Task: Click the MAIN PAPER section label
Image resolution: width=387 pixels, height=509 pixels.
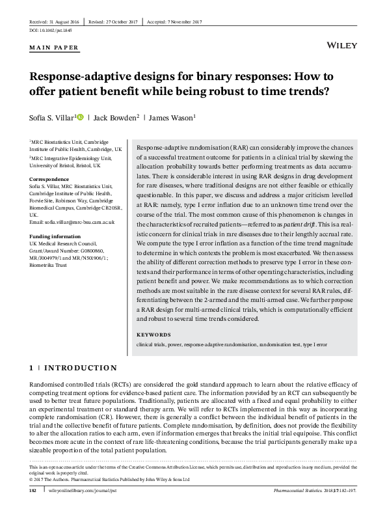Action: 55,48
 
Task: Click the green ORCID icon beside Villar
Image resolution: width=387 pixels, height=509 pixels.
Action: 79,117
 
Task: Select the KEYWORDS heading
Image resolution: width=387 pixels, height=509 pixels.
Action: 153,335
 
